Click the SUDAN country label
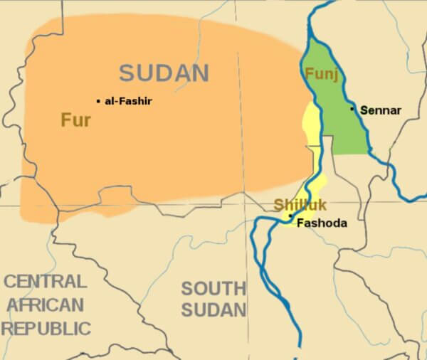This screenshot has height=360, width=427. [x=164, y=73]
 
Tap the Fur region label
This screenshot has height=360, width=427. [x=75, y=120]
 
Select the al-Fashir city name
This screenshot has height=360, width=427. [x=128, y=101]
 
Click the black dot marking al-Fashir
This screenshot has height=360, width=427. [x=98, y=101]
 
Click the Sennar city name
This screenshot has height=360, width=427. [x=381, y=110]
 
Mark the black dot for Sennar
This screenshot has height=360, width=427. [x=352, y=109]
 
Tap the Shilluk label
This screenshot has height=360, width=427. [x=300, y=206]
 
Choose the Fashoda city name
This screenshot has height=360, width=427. [x=322, y=223]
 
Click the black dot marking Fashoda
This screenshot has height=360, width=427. [x=290, y=215]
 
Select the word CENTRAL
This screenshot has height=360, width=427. [x=46, y=281]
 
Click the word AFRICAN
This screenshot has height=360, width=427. [x=45, y=305]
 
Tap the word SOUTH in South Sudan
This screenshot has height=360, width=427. [x=213, y=288]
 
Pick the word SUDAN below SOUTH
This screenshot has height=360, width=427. [x=213, y=310]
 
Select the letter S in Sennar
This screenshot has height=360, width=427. [x=364, y=110]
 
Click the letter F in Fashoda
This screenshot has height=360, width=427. [x=300, y=223]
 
